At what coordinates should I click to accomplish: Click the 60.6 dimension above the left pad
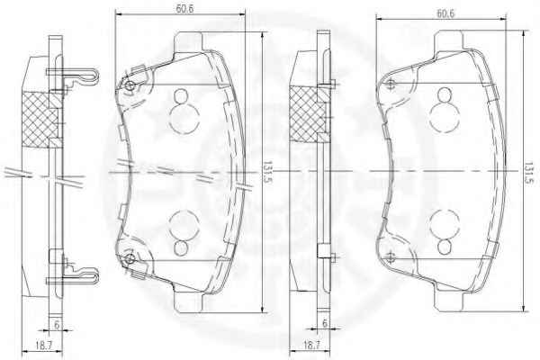184,8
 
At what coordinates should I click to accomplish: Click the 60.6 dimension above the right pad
445,13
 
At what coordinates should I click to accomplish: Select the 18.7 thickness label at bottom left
43,346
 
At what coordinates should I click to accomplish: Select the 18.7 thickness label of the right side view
311,345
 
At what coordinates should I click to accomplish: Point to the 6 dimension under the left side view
57,324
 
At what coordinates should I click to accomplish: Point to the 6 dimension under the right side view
324,323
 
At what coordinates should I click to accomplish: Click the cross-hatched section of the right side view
307,114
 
